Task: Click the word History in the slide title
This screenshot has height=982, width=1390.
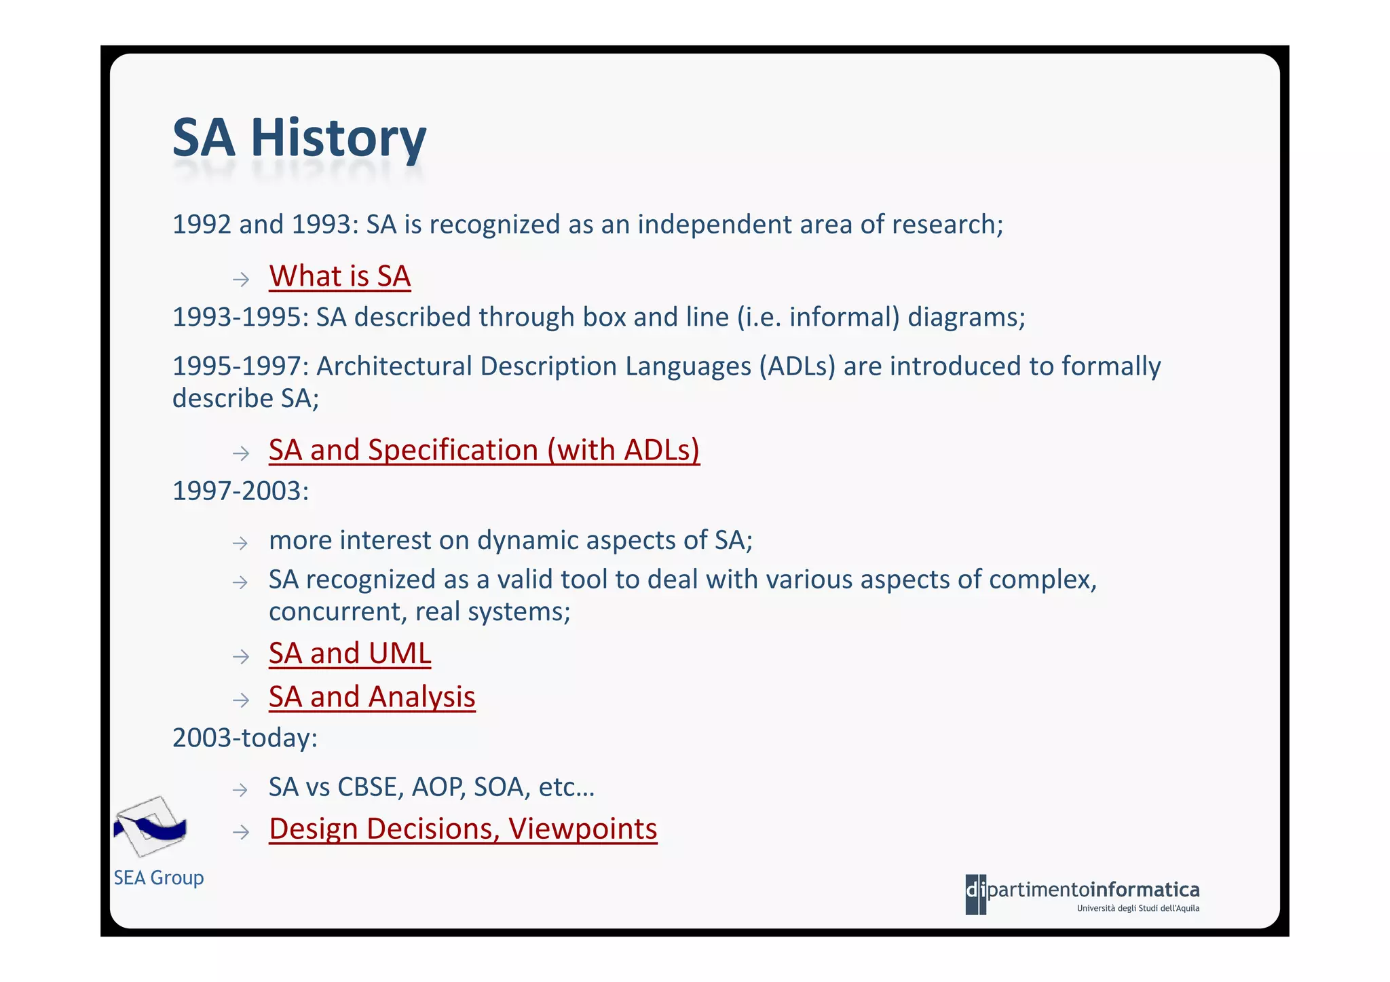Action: click(338, 138)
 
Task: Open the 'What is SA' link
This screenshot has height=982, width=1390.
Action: click(339, 277)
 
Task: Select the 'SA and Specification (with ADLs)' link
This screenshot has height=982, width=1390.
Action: click(483, 451)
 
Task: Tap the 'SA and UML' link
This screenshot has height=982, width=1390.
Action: click(350, 654)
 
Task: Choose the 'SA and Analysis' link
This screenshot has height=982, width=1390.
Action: click(372, 697)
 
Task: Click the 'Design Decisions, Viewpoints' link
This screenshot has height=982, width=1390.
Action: click(463, 829)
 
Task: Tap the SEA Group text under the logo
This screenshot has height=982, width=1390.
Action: click(158, 877)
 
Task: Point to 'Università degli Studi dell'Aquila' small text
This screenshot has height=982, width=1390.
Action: click(1138, 909)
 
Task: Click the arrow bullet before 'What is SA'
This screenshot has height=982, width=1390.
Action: click(241, 279)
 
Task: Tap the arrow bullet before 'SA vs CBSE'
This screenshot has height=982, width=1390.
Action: click(240, 790)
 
